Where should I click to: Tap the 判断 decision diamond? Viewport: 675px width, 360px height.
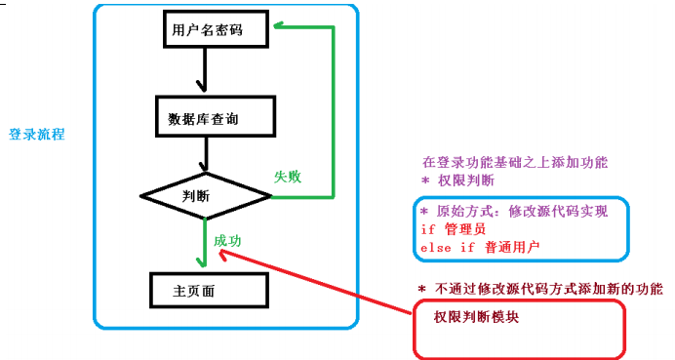[205, 195]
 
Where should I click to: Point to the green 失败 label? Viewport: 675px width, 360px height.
[287, 177]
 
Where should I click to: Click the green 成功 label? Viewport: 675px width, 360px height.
[227, 240]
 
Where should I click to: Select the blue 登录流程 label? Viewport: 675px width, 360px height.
[37, 134]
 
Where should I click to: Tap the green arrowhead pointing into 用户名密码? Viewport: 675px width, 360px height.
[279, 28]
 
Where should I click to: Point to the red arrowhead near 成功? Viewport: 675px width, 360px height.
[224, 253]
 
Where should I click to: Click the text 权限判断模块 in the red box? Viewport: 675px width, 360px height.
[476, 316]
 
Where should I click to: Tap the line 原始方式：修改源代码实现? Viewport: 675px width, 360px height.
[513, 212]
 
